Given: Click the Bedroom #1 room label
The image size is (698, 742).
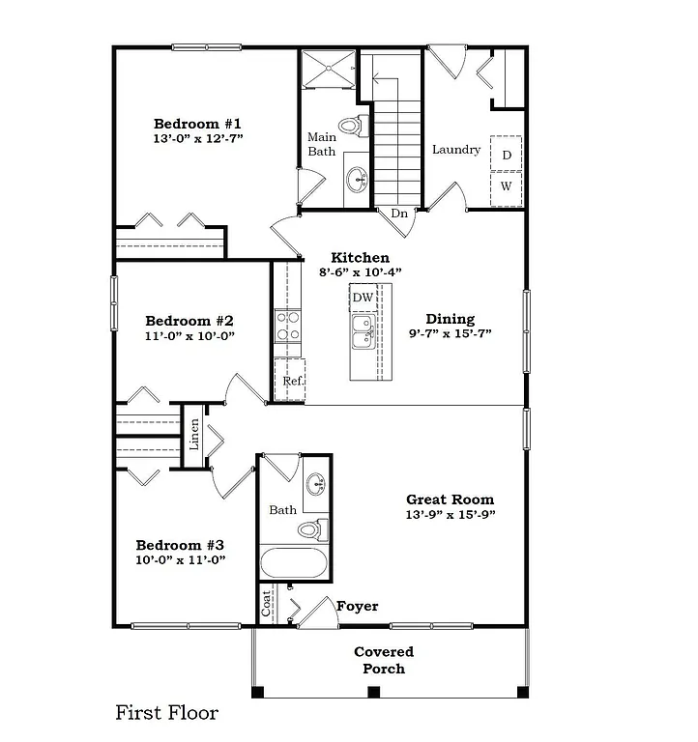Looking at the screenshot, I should [x=197, y=124].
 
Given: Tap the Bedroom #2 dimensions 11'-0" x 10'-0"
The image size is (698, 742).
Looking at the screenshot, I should [x=189, y=336].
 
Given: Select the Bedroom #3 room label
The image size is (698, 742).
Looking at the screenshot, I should [x=180, y=544].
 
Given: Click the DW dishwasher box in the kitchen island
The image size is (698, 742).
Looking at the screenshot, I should [x=363, y=298].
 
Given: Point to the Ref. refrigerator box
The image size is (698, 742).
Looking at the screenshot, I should [x=291, y=380].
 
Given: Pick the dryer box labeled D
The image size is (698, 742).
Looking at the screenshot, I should [x=506, y=155].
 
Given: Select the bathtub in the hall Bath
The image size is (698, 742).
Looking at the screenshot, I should [x=294, y=563].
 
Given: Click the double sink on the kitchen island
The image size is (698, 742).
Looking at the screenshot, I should [x=364, y=337].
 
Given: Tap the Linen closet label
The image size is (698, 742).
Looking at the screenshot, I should [x=194, y=435].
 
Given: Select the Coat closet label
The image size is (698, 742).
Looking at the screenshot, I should [x=266, y=606].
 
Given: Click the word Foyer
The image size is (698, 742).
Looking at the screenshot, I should [x=357, y=607].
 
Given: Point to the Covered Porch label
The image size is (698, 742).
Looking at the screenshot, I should [x=384, y=661].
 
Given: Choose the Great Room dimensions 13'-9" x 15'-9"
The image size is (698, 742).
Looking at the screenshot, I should [x=450, y=515].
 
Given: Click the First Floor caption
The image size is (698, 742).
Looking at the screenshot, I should [x=167, y=714].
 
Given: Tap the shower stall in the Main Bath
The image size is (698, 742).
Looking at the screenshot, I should [x=327, y=69].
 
